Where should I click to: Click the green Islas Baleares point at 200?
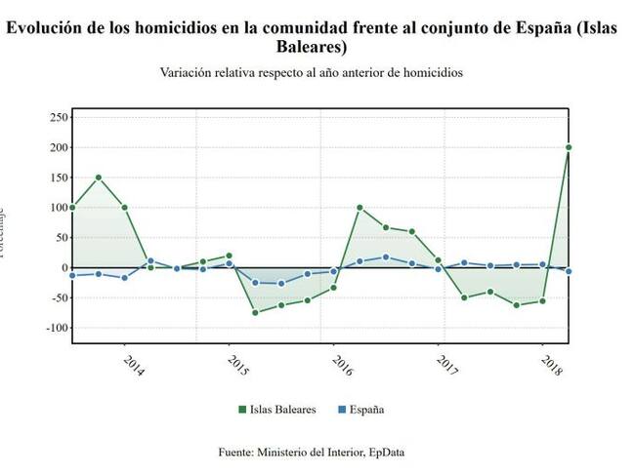pos(569,147)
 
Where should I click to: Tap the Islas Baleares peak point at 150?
pos(99,178)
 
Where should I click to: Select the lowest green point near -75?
pos(255,312)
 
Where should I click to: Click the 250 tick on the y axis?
pos(57,117)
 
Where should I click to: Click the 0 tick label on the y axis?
pos(63,267)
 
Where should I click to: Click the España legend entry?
pos(364,410)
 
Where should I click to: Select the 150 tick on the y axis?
pos(57,178)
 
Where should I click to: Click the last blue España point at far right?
pos(569,271)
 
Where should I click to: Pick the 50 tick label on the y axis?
pos(60,237)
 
